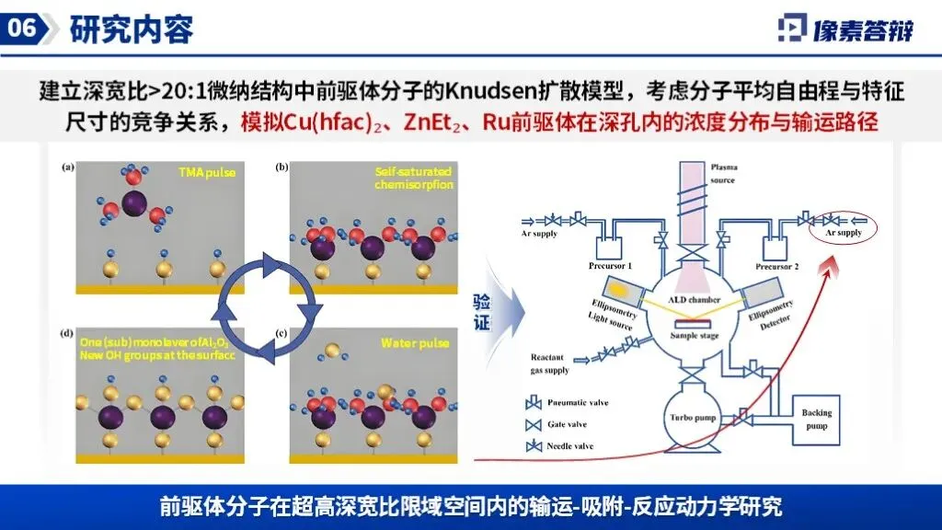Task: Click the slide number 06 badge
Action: pos(22,29)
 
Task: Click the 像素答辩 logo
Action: pos(846,29)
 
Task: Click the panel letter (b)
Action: pos(282,167)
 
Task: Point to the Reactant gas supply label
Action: pos(552,363)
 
